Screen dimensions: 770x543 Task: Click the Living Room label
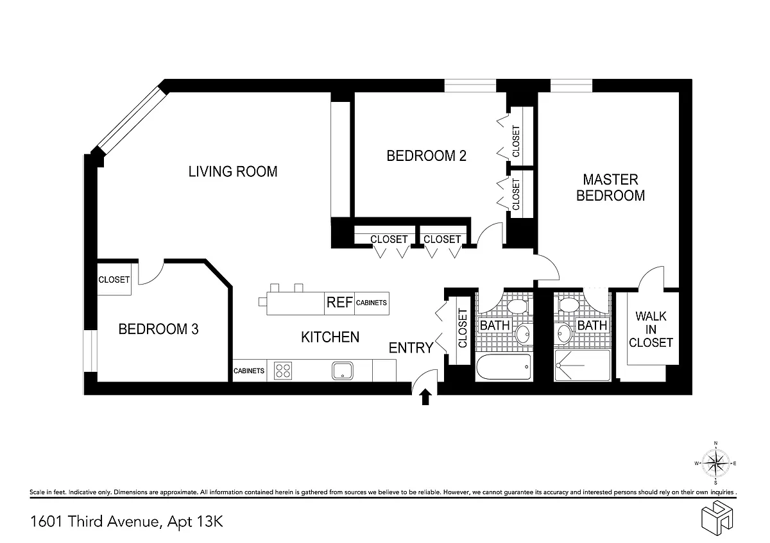click(x=233, y=172)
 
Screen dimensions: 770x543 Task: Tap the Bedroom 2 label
click(x=426, y=156)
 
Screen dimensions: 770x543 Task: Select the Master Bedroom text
click(x=610, y=188)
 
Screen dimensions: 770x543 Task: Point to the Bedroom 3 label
click(x=158, y=329)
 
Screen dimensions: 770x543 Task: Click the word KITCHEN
click(x=330, y=337)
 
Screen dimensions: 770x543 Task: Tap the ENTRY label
click(x=411, y=348)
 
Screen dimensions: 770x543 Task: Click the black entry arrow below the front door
click(x=425, y=397)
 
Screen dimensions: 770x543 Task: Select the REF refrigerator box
click(x=339, y=303)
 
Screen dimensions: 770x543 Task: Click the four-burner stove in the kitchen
click(x=283, y=371)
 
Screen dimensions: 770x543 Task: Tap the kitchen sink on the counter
click(x=343, y=371)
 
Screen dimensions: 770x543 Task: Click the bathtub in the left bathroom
click(x=504, y=367)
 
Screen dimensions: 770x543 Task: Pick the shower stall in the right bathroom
click(x=582, y=365)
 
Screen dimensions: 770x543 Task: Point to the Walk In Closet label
click(x=651, y=330)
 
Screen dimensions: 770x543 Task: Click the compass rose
click(x=715, y=464)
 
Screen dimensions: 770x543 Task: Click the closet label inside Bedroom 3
click(x=114, y=280)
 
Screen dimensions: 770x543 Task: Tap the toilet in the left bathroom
click(x=518, y=306)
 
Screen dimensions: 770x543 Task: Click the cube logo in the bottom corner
click(x=717, y=517)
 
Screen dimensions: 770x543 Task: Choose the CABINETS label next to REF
click(x=372, y=303)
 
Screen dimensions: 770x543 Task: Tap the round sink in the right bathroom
click(x=564, y=333)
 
